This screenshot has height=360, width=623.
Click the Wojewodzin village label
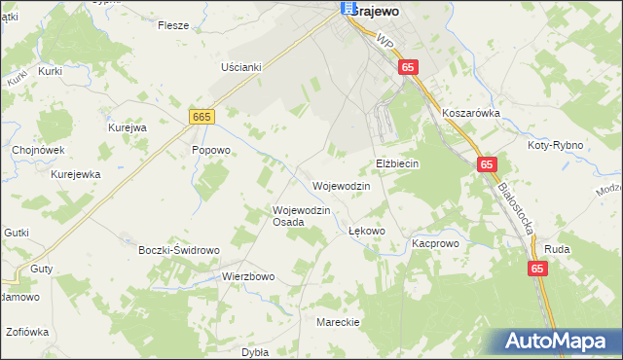click(x=341, y=186)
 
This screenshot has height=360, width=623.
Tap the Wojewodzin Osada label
click(x=302, y=216)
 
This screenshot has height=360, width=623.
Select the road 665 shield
click(x=202, y=117)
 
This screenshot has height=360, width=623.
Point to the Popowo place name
click(x=210, y=150)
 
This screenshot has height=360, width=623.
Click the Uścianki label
click(x=241, y=66)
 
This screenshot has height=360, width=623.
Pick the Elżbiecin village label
click(x=397, y=163)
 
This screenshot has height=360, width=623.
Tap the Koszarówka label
click(x=470, y=113)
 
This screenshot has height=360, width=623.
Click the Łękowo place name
click(x=367, y=232)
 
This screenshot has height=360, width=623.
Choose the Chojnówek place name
click(x=38, y=150)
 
